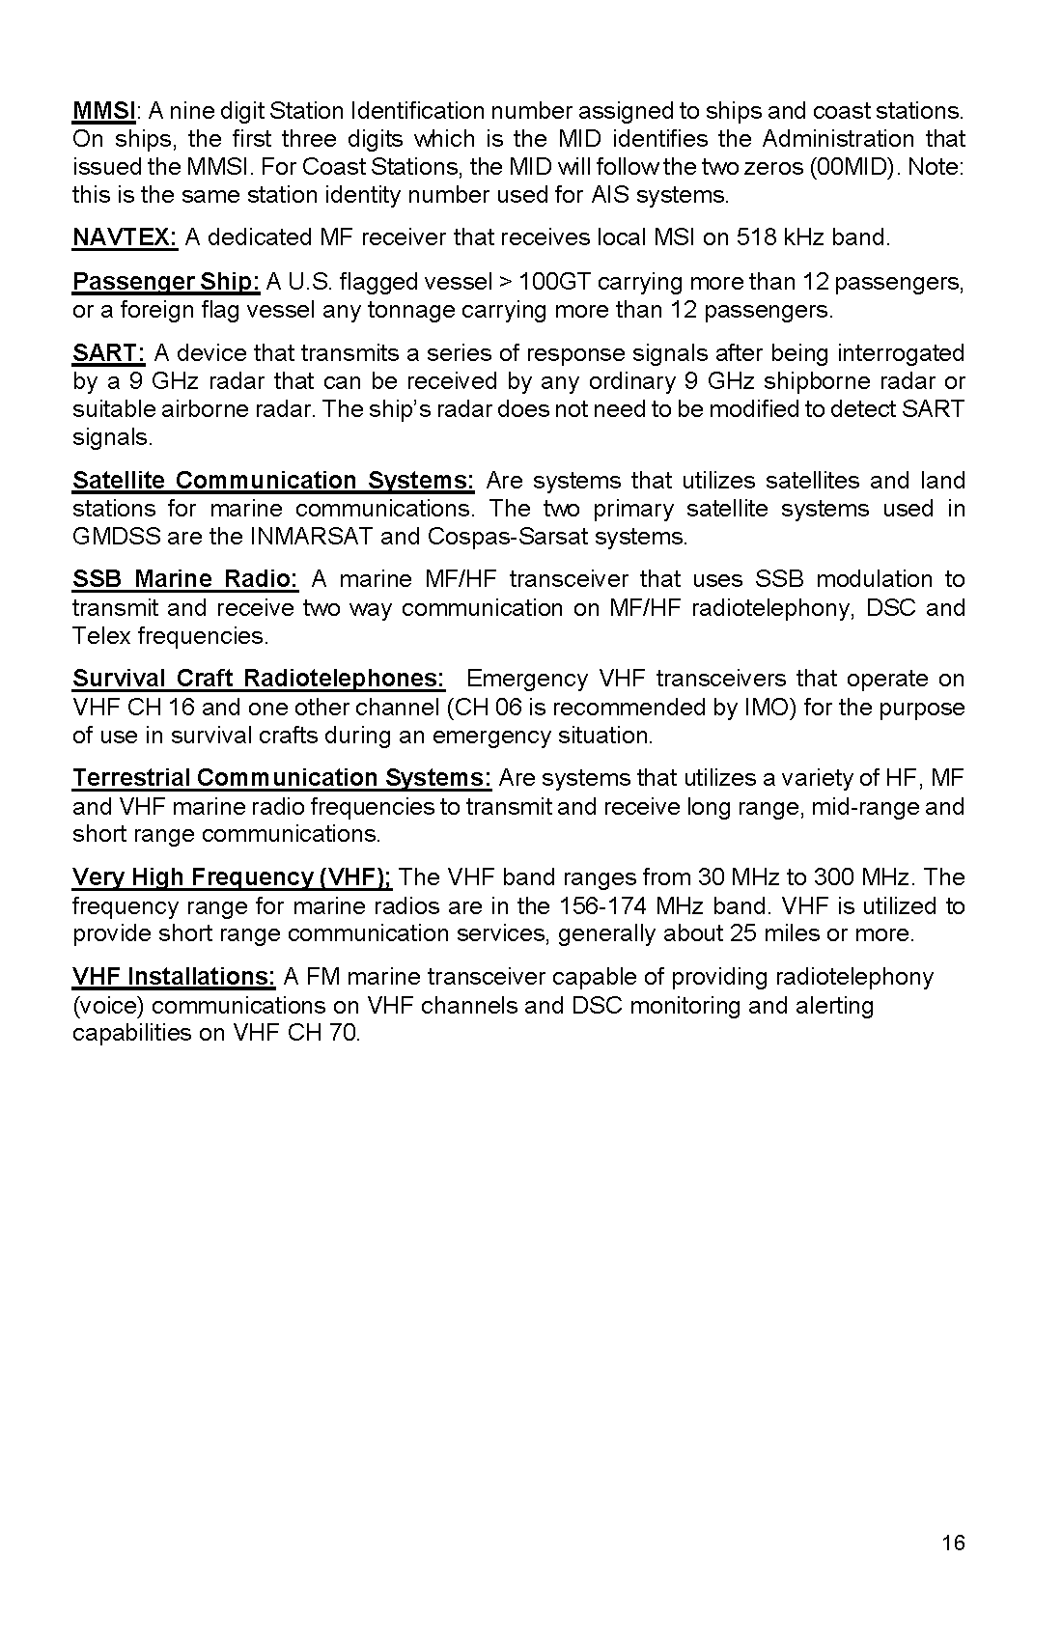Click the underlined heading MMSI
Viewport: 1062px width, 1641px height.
(x=104, y=111)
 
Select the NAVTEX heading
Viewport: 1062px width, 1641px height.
(x=125, y=237)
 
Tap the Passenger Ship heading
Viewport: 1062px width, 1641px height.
(x=166, y=282)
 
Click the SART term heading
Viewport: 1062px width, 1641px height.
(x=108, y=353)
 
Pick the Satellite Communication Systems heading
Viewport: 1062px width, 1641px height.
(x=273, y=481)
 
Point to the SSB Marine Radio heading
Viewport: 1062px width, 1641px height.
(x=185, y=579)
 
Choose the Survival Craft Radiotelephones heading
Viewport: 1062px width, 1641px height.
(x=259, y=679)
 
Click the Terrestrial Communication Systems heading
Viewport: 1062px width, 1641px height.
(x=282, y=778)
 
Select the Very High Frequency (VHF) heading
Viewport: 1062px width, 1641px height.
(x=232, y=877)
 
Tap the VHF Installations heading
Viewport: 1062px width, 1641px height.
(x=174, y=977)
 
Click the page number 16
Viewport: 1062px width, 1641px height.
(x=953, y=1544)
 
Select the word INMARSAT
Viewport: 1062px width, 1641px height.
(x=312, y=537)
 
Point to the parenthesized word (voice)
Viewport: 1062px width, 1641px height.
(x=109, y=1006)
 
